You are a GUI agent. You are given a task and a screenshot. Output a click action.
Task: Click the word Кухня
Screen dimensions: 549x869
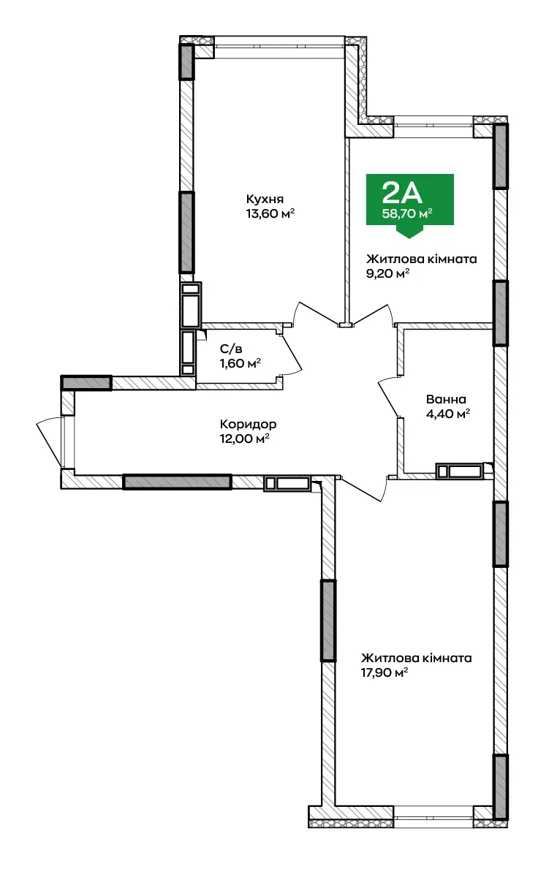265,199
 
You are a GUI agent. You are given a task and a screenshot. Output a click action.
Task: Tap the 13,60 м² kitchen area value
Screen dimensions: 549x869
270,213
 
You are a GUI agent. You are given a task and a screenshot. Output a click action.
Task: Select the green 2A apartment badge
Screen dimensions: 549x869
410,200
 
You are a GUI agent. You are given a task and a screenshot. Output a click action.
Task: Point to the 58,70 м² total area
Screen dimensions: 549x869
407,213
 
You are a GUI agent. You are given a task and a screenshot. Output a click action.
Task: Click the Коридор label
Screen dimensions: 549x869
249,425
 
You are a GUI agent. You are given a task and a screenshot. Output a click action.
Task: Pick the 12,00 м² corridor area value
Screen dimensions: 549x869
245,439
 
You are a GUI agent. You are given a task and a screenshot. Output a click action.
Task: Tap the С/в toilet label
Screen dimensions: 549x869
231,349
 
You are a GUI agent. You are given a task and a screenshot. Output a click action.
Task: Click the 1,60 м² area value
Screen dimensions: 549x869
241,363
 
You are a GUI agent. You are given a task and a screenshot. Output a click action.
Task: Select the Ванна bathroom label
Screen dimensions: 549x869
446,400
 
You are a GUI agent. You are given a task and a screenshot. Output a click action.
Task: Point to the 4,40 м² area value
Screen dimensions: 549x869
448,414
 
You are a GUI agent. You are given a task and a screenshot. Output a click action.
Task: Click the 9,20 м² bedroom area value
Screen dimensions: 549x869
387,273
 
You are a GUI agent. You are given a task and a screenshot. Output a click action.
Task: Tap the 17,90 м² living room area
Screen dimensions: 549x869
385,673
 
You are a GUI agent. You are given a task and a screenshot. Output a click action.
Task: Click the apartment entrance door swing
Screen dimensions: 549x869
49,441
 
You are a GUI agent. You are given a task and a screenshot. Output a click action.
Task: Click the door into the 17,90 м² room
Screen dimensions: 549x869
363,485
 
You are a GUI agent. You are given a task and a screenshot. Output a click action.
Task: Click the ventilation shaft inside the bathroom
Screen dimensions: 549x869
459,471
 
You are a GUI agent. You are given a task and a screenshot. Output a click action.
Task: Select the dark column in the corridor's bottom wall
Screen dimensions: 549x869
177,482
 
